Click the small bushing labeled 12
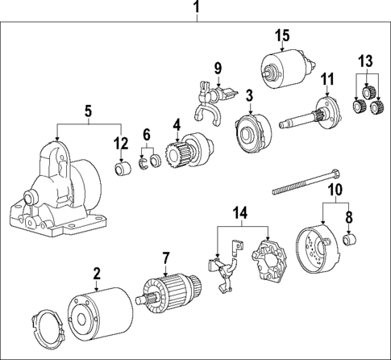122,170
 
